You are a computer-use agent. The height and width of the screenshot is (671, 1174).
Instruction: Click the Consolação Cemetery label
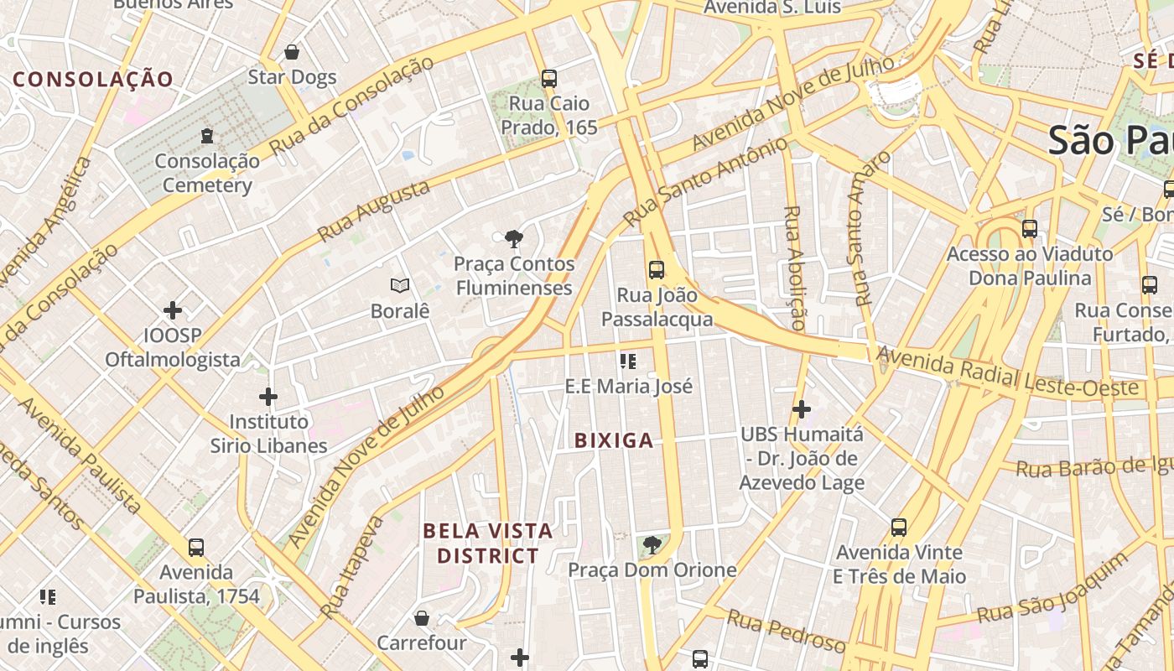[207, 173]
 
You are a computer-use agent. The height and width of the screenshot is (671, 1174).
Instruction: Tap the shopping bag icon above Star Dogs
[292, 52]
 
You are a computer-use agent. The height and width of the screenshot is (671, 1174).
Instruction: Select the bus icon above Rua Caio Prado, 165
[549, 79]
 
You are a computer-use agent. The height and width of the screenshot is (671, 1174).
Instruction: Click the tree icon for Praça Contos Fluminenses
[514, 240]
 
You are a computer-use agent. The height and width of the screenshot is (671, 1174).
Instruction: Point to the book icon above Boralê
[400, 286]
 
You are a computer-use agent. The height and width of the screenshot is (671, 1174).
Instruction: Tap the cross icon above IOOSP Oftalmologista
[173, 310]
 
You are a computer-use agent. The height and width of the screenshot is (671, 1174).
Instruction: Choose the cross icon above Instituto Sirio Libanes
[268, 396]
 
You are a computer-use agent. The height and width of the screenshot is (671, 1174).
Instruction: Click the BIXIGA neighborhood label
[614, 440]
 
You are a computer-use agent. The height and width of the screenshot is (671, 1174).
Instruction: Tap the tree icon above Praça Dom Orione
[651, 546]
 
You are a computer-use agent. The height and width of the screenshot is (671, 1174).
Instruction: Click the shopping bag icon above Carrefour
[422, 618]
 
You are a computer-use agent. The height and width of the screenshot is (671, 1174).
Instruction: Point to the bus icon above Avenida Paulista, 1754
[196, 548]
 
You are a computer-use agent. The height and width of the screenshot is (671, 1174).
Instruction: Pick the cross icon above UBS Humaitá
[802, 409]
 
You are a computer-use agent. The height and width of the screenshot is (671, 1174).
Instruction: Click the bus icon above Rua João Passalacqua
[657, 270]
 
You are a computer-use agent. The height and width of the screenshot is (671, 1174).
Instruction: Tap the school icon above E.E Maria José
[628, 362]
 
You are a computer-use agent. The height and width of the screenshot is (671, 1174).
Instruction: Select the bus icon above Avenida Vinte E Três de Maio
[899, 528]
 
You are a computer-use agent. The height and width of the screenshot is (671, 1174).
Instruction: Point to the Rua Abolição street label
[794, 267]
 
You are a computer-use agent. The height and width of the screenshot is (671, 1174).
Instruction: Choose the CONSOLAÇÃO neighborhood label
[93, 80]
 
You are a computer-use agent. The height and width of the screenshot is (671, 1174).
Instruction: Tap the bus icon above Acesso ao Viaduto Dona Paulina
[1030, 228]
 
